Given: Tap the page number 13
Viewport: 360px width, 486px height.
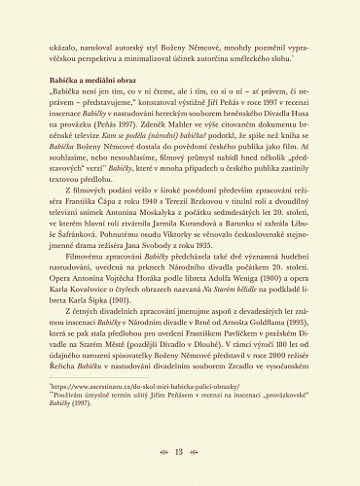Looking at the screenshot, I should click(179, 453).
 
